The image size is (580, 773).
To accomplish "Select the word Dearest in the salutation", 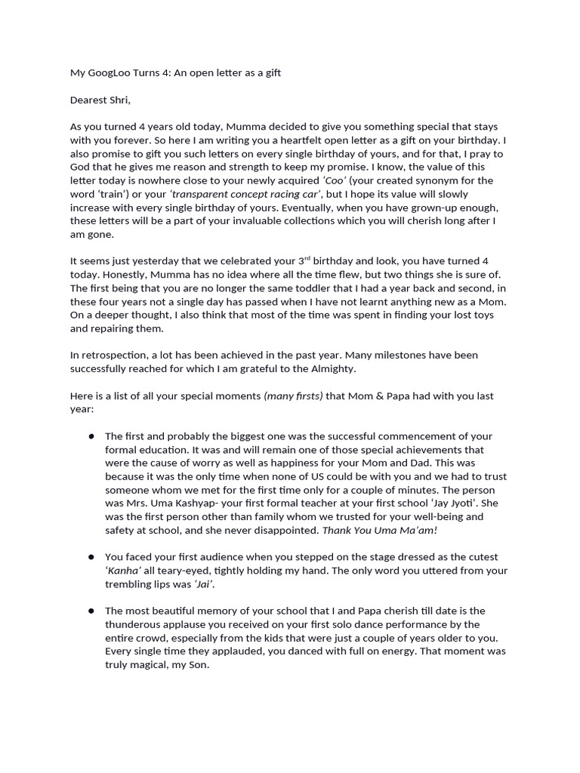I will pos(92,100).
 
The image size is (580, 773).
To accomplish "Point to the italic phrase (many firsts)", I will pos(293,396).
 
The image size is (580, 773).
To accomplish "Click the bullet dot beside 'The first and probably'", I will pos(91,436).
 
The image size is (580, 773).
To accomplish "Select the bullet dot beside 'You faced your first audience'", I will pos(91,557).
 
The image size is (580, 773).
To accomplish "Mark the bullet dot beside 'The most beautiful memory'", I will pos(91,611).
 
